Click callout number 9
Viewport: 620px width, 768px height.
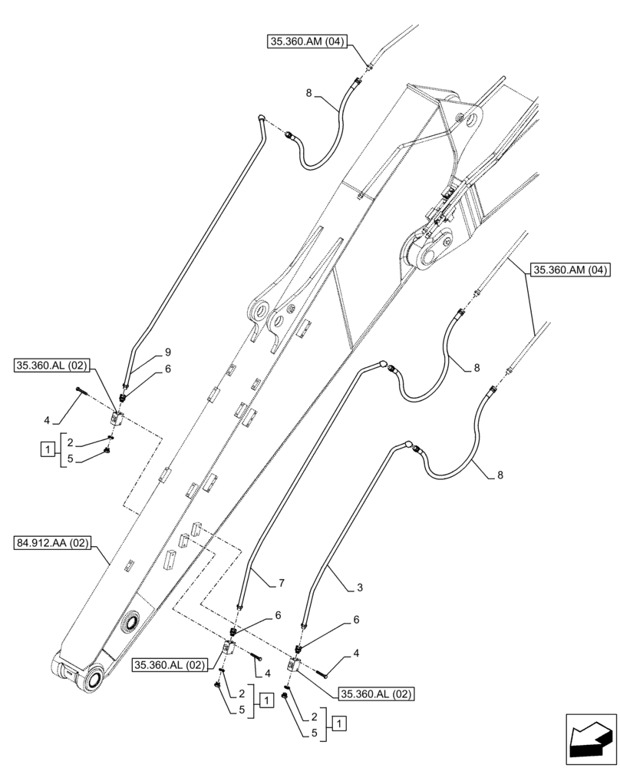coord(167,353)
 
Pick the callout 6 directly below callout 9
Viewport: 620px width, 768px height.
coord(167,369)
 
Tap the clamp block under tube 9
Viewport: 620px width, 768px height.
coord(118,418)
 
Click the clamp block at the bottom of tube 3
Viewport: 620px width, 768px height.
coord(295,665)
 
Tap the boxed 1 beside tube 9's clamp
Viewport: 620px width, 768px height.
coord(48,448)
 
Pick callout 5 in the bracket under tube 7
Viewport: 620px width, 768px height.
coord(242,710)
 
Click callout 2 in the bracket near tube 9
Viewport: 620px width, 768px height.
coord(70,442)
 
